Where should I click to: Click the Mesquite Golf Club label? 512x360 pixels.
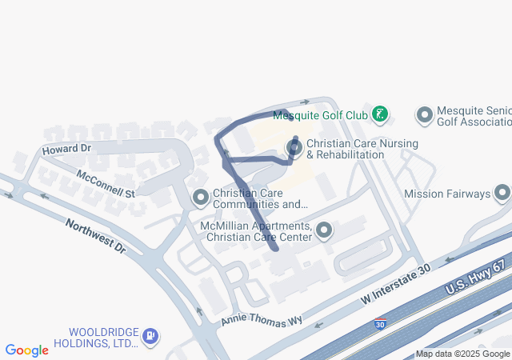click(x=320, y=116)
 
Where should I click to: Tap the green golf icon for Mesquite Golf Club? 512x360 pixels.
click(x=381, y=114)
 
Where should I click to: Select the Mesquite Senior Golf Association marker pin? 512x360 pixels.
click(x=424, y=115)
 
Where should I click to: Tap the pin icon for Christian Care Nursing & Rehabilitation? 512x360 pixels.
click(x=294, y=148)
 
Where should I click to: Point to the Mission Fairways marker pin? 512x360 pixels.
click(x=502, y=193)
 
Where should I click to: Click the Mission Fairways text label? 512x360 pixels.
click(x=446, y=194)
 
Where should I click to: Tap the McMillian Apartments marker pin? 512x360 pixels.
click(x=324, y=231)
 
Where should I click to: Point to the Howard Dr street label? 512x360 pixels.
click(x=67, y=150)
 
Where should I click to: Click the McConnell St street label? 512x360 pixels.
click(x=106, y=183)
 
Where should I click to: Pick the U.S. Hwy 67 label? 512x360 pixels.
click(x=478, y=280)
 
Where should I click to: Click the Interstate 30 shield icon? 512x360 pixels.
click(x=381, y=326)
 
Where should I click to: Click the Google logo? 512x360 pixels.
click(x=27, y=350)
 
